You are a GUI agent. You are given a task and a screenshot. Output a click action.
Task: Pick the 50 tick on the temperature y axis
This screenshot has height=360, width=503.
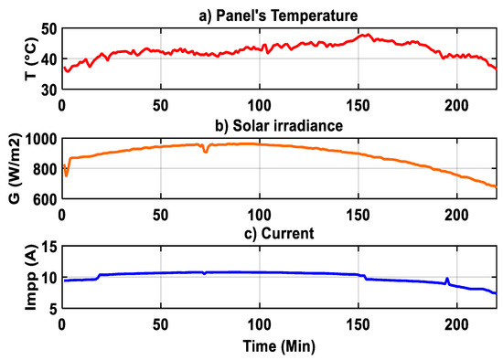pyautogui.click(x=45, y=29)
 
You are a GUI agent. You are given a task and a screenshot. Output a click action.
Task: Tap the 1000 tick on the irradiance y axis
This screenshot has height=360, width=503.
pyautogui.click(x=38, y=139)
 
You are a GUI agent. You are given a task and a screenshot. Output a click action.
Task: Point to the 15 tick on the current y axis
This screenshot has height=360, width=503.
pyautogui.click(x=45, y=248)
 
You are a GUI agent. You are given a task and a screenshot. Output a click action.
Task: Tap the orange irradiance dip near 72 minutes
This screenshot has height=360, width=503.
pyautogui.click(x=205, y=152)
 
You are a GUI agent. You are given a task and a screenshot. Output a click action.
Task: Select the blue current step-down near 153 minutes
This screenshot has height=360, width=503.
pyautogui.click(x=364, y=277)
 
